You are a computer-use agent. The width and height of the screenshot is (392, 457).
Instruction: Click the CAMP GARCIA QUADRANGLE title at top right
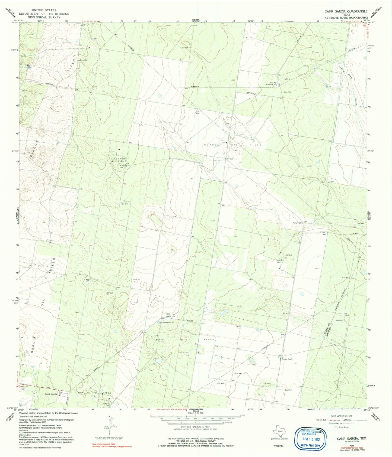346,11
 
